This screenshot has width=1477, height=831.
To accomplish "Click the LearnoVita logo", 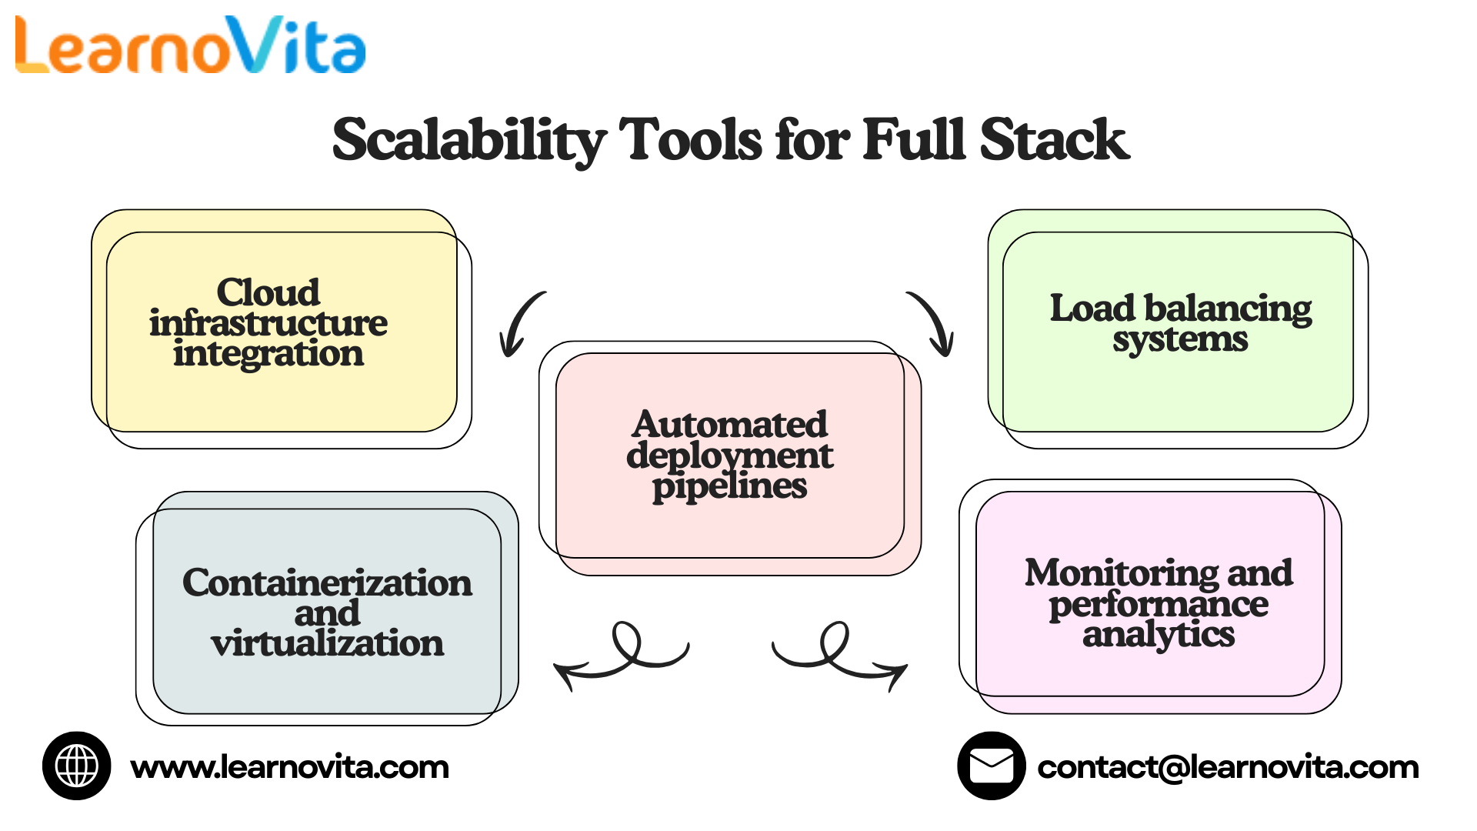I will [190, 46].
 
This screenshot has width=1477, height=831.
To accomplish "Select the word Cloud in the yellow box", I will [268, 292].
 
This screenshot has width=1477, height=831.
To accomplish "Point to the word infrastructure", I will [268, 323].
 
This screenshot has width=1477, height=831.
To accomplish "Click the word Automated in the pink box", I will [730, 425].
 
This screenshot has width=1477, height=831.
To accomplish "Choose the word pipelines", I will [730, 486].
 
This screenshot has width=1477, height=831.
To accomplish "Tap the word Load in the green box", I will [1092, 308].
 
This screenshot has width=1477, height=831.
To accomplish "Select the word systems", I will [1180, 339].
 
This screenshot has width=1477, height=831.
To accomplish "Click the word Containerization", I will [327, 582].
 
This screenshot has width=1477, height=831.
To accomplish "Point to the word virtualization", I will [327, 643].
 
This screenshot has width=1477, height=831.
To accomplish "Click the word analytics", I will [1159, 635].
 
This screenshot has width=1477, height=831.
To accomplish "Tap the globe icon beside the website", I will [77, 766].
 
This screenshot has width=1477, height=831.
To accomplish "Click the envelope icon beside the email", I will [991, 766].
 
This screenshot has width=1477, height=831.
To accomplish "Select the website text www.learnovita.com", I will [289, 767].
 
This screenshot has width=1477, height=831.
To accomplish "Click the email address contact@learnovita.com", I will [1228, 767].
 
